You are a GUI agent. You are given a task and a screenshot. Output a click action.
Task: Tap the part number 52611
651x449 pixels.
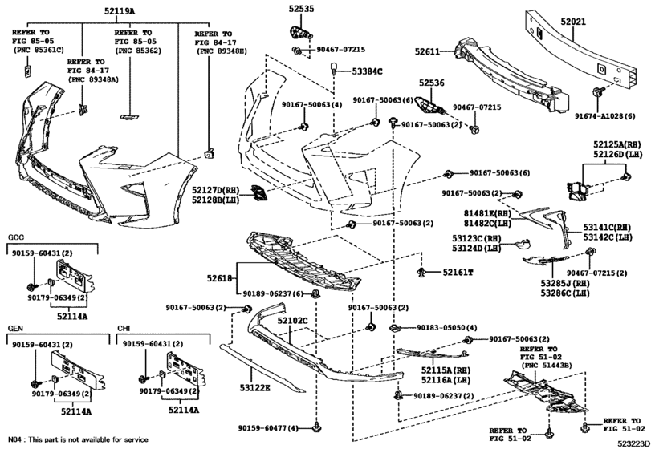pyautogui.click(x=427, y=51)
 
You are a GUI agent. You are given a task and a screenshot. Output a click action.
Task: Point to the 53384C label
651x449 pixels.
pyautogui.click(x=368, y=71)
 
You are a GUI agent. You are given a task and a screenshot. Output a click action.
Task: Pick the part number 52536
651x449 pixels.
pyautogui.click(x=430, y=82)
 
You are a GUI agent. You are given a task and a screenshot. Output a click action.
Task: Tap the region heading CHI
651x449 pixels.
pyautogui.click(x=124, y=329)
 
